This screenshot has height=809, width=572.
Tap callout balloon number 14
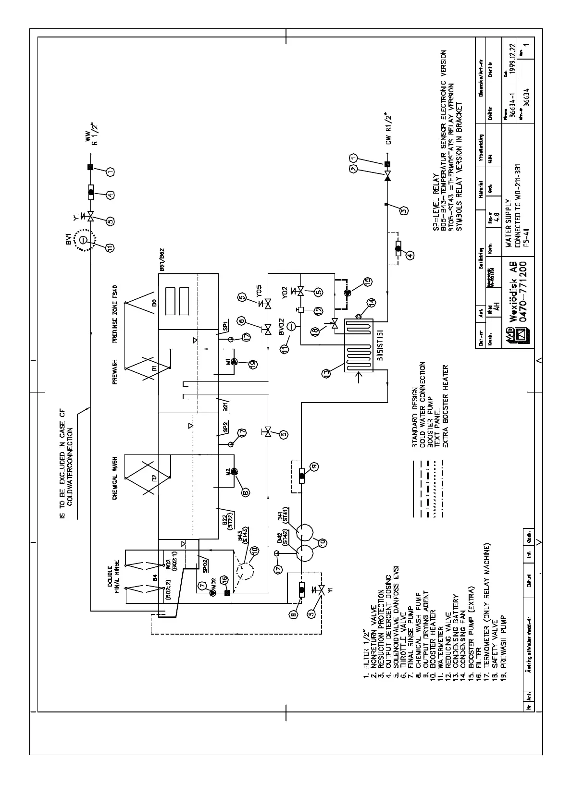[372, 302]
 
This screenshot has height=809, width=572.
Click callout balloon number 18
[317, 331]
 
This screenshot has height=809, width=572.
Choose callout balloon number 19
[252, 363]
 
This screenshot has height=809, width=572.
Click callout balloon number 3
[404, 210]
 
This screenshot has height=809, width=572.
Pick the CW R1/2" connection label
[388, 129]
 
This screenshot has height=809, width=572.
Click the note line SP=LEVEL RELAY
[435, 200]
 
